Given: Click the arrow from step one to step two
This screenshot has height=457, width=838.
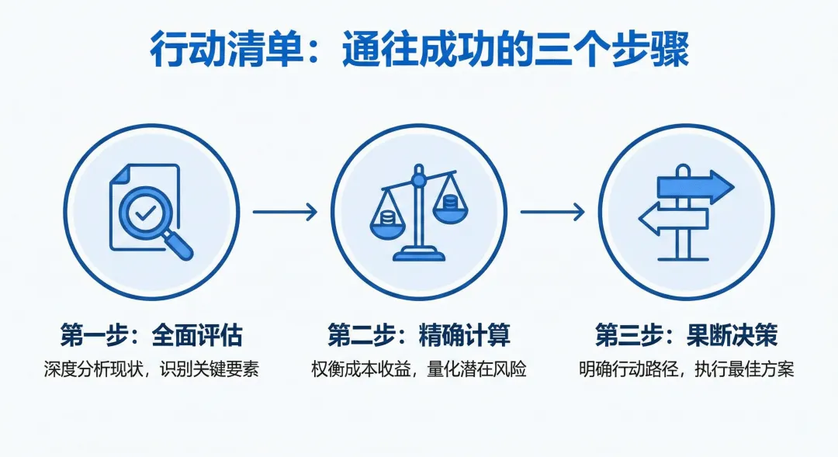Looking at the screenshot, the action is click(285, 212).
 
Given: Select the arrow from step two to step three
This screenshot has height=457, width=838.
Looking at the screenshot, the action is click(552, 212).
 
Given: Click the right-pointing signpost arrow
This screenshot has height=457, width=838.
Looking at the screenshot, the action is click(694, 187).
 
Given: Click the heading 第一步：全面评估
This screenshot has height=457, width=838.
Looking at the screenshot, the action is click(151, 336).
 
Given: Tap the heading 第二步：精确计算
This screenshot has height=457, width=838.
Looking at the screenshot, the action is click(419, 336).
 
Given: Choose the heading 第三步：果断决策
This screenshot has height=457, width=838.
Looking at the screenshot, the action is click(686, 336).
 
